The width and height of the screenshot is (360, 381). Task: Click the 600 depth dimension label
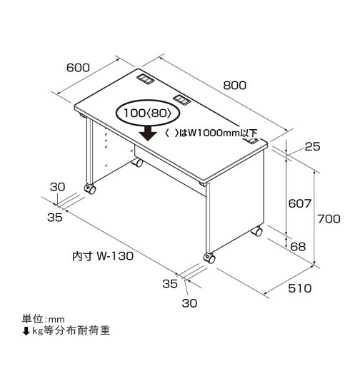(x=78, y=68)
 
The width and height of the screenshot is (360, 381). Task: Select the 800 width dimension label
(x=235, y=86)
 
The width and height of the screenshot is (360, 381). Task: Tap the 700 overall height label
(x=329, y=219)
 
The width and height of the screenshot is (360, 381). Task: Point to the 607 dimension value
(x=300, y=203)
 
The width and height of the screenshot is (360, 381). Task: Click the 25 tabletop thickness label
(x=313, y=146)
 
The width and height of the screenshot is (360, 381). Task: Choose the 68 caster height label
(x=298, y=247)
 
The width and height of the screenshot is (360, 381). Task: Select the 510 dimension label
(x=300, y=288)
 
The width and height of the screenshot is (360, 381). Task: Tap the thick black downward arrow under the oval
(x=148, y=133)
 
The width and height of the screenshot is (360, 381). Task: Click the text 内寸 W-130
(x=103, y=256)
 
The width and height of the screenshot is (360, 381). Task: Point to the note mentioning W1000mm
(x=211, y=133)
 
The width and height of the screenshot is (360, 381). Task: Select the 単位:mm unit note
(x=44, y=319)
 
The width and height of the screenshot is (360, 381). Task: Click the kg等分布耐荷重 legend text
(x=71, y=330)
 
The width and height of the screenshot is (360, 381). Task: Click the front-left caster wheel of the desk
(x=90, y=189)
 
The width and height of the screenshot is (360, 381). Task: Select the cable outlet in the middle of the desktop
(x=181, y=99)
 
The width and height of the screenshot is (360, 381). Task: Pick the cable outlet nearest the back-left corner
(x=146, y=78)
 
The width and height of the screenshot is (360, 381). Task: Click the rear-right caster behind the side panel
(x=256, y=231)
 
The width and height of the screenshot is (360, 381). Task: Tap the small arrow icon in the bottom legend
(x=26, y=331)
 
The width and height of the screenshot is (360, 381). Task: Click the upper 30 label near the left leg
(x=58, y=187)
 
